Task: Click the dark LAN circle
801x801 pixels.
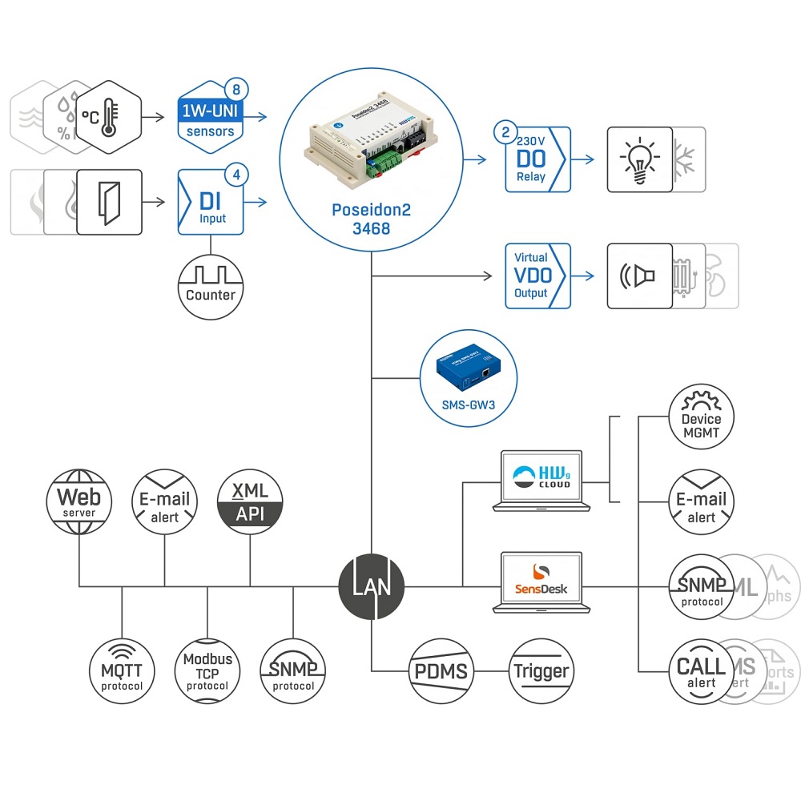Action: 371,587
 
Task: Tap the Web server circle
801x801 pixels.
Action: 78,501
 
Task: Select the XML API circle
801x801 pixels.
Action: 250,502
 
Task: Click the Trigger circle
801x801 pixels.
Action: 541,670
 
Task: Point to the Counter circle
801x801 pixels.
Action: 211,285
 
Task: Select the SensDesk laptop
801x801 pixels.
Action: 542,581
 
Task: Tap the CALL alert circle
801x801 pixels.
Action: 701,671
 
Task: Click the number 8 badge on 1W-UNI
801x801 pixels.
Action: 234,89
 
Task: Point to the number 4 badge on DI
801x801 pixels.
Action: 234,173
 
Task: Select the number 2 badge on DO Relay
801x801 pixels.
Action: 505,131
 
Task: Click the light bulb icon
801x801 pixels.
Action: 639,159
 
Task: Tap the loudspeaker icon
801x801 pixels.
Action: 639,276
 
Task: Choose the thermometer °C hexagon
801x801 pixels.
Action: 110,117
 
